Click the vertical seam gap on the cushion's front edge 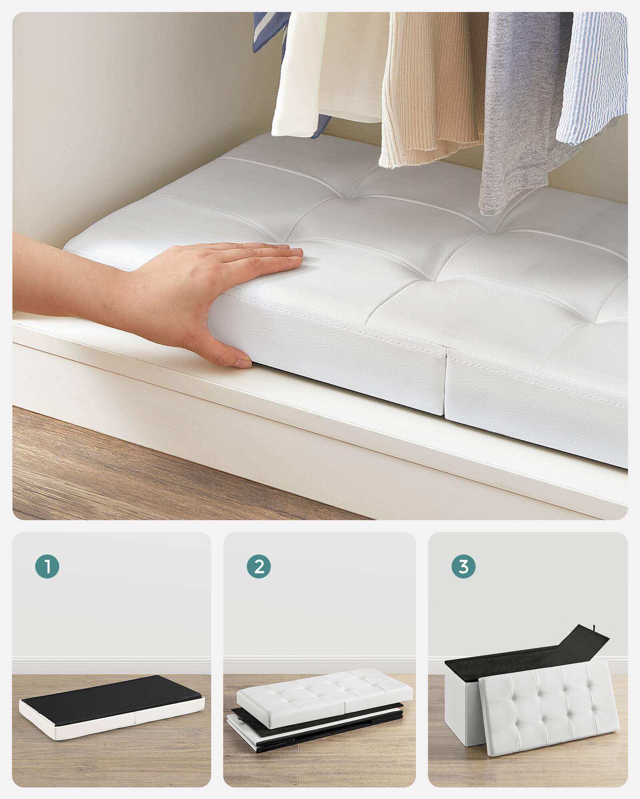point(446,384)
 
